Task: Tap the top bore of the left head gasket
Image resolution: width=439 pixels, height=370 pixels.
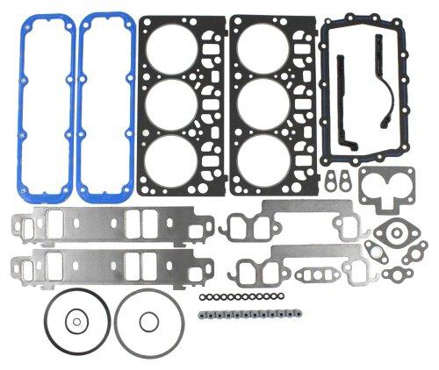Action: (179, 49)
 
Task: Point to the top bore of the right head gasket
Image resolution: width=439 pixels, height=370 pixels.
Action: (267, 49)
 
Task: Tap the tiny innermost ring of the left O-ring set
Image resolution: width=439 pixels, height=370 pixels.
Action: (75, 323)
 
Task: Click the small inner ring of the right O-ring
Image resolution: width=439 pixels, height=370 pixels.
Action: (140, 322)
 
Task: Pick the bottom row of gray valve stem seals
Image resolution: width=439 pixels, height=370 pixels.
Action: (246, 313)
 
